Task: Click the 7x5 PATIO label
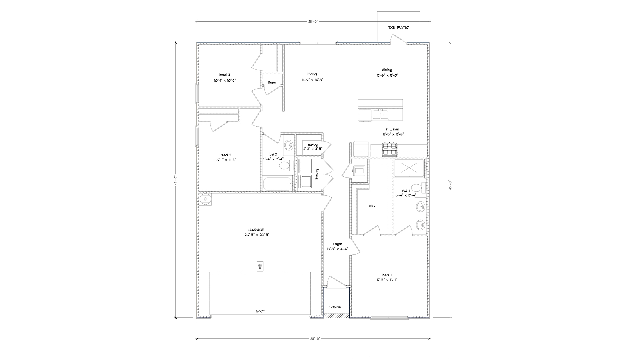398,28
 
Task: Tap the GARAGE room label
256,230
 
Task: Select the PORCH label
335,307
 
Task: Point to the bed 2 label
225,155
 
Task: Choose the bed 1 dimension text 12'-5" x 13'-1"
387,280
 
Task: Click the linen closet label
272,82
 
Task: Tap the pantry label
313,145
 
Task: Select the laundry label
317,175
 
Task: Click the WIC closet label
372,206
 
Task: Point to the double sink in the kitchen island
381,115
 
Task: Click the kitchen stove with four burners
390,149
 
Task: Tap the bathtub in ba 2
278,184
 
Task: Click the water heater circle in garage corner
206,199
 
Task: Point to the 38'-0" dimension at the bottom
313,339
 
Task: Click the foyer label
337,244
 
